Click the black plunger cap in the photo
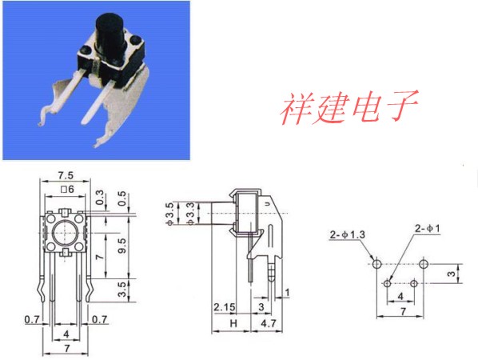pyautogui.click(x=110, y=34)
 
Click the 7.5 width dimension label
pyautogui.click(x=66, y=175)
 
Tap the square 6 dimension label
pyautogui.click(x=67, y=190)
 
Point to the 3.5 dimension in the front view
pyautogui.click(x=121, y=290)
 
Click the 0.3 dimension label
pyautogui.click(x=99, y=198)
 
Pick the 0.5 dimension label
pyautogui.click(x=121, y=198)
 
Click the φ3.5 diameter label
pyautogui.click(x=170, y=214)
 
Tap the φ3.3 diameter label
pyautogui.click(x=190, y=214)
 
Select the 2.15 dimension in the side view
pyautogui.click(x=225, y=307)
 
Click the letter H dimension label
pyautogui.click(x=233, y=323)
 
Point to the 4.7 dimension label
pyautogui.click(x=269, y=323)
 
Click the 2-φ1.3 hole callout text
pyautogui.click(x=347, y=234)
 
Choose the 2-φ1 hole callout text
pyautogui.click(x=428, y=228)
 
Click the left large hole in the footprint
pyautogui.click(x=376, y=264)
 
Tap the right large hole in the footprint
pyautogui.click(x=424, y=264)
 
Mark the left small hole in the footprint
pyautogui.click(x=387, y=284)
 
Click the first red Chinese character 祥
pyautogui.click(x=296, y=108)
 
